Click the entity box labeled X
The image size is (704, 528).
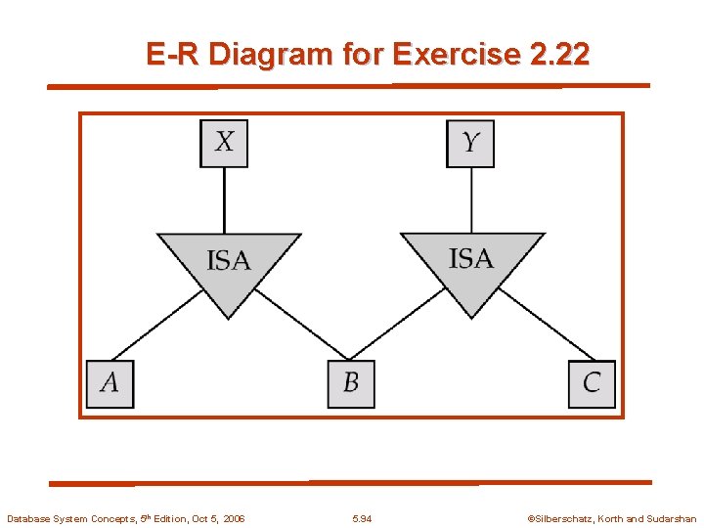click(x=224, y=143)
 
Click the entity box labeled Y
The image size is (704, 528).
click(x=470, y=143)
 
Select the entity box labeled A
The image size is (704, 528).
click(x=110, y=383)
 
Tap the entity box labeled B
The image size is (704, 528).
click(x=351, y=383)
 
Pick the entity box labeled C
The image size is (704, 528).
click(x=592, y=383)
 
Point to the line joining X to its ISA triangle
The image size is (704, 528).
click(x=224, y=199)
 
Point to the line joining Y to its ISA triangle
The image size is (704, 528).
click(x=471, y=199)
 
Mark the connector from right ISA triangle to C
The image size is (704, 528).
click(x=546, y=326)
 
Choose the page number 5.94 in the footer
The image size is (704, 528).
click(x=362, y=518)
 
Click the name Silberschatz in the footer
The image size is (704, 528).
click(x=565, y=518)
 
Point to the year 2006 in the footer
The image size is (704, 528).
click(x=233, y=518)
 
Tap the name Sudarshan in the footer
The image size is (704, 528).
click(x=671, y=518)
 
